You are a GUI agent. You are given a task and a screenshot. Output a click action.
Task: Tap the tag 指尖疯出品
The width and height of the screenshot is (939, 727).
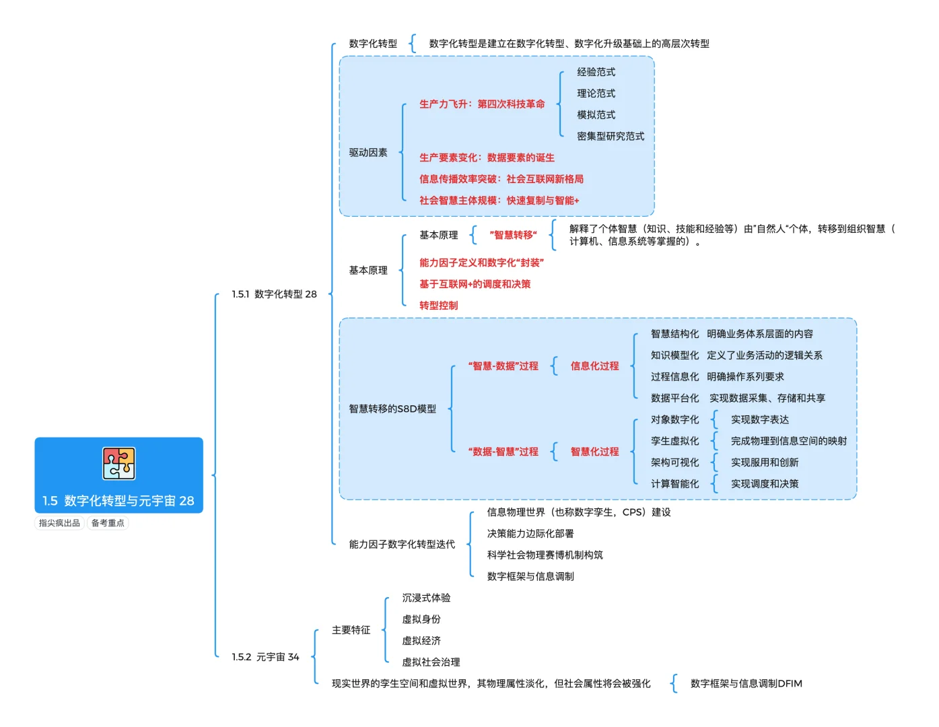tap(59, 522)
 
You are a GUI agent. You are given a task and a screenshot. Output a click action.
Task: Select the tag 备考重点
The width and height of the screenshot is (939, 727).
tap(108, 522)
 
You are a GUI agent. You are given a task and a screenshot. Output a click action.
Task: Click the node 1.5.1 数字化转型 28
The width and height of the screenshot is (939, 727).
tap(274, 293)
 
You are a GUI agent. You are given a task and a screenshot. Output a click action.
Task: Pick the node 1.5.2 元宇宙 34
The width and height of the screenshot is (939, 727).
tap(265, 656)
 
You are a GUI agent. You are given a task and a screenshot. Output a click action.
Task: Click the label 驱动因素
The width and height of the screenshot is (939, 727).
tap(368, 152)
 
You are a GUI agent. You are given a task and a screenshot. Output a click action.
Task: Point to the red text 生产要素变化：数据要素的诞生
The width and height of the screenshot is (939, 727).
tap(486, 158)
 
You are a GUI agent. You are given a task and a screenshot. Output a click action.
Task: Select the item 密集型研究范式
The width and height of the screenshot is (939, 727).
tap(610, 136)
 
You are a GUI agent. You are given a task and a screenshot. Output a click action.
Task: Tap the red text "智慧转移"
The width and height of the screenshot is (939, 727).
tap(512, 234)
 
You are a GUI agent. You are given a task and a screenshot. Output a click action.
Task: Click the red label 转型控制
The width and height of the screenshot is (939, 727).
tap(438, 305)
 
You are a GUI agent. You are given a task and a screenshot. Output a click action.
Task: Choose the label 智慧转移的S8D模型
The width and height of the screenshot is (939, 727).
tap(392, 408)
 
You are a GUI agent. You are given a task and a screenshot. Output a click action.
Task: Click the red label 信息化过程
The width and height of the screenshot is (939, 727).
tap(594, 366)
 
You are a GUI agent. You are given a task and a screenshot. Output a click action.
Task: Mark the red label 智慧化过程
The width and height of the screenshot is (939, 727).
tap(594, 451)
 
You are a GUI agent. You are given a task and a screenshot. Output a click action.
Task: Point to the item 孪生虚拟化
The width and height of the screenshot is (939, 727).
tap(674, 440)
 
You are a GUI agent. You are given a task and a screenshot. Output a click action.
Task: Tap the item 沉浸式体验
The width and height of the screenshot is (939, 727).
tap(425, 597)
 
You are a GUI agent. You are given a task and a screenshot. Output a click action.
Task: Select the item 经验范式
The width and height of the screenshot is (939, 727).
tap(596, 72)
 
